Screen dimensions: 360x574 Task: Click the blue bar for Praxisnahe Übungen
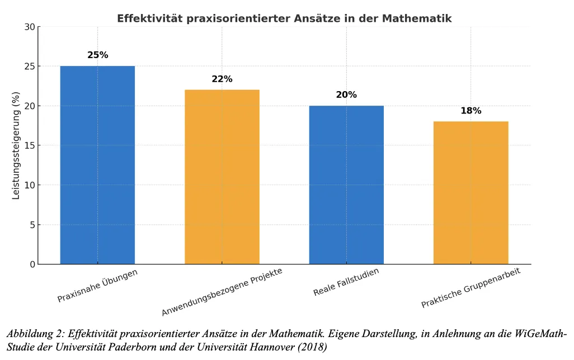tap(97, 165)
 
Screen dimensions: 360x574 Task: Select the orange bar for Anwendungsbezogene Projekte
tap(222, 177)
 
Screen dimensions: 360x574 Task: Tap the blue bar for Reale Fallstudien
tap(346, 184)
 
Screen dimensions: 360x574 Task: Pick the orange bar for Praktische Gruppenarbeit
tap(471, 192)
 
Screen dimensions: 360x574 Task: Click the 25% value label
tap(97, 55)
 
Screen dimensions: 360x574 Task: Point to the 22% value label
tap(222, 79)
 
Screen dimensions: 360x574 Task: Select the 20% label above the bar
tap(346, 95)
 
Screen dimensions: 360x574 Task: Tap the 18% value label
tap(471, 111)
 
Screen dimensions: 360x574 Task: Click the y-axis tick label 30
tap(30, 27)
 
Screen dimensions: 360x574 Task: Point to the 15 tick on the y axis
tap(30, 145)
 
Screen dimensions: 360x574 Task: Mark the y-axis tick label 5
tap(32, 225)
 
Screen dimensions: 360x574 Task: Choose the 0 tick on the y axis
tap(32, 264)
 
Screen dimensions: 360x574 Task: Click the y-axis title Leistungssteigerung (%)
tap(16, 145)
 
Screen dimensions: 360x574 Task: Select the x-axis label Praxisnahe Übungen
tap(97, 286)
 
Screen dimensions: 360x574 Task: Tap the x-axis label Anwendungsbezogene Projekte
tap(222, 292)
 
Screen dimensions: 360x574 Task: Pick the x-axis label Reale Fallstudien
tap(346, 282)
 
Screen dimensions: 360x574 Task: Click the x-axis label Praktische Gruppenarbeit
tap(471, 288)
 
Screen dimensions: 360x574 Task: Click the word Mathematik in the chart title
tap(417, 18)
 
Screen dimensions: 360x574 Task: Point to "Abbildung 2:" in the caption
tap(31, 334)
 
